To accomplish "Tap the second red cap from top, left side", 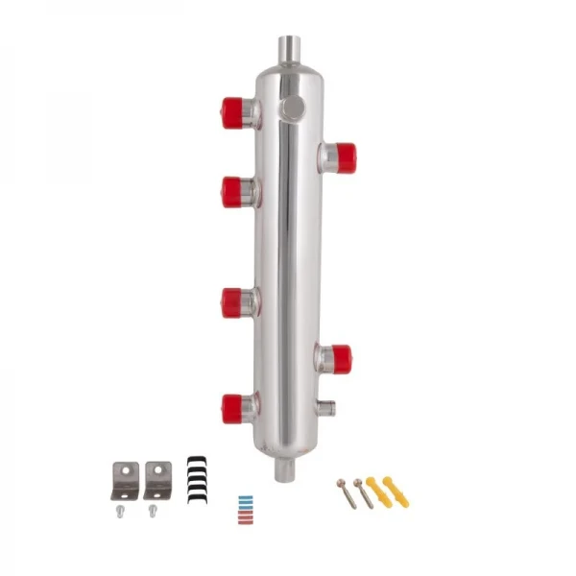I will (x=231, y=191).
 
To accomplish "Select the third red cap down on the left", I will (x=231, y=303).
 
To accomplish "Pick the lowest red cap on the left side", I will (x=232, y=409).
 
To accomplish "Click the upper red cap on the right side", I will (x=343, y=156).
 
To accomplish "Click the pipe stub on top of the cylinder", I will (x=290, y=47).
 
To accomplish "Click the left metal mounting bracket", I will (x=125, y=480).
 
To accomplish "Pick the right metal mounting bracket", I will (x=157, y=480).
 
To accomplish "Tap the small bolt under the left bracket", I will (x=121, y=511).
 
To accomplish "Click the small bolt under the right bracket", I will (x=154, y=511).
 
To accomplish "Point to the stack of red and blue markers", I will (x=246, y=506).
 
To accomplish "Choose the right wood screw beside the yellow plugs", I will (x=364, y=493).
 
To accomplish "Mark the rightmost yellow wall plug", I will (x=396, y=491).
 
